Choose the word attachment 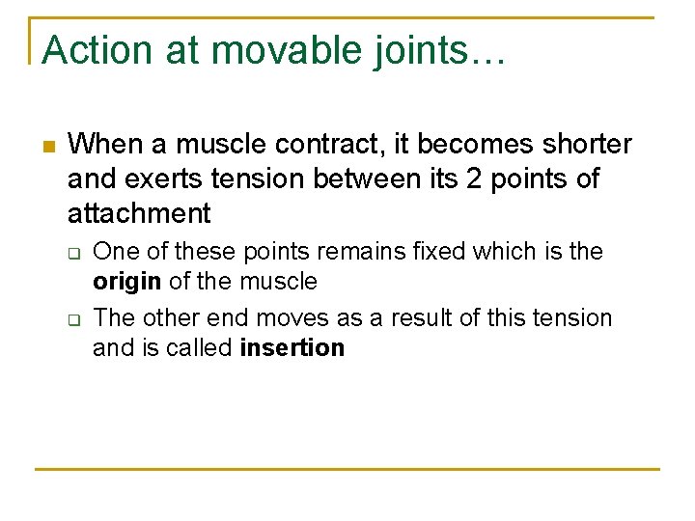(x=139, y=212)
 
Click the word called (x=197, y=348)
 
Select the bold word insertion (x=292, y=348)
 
